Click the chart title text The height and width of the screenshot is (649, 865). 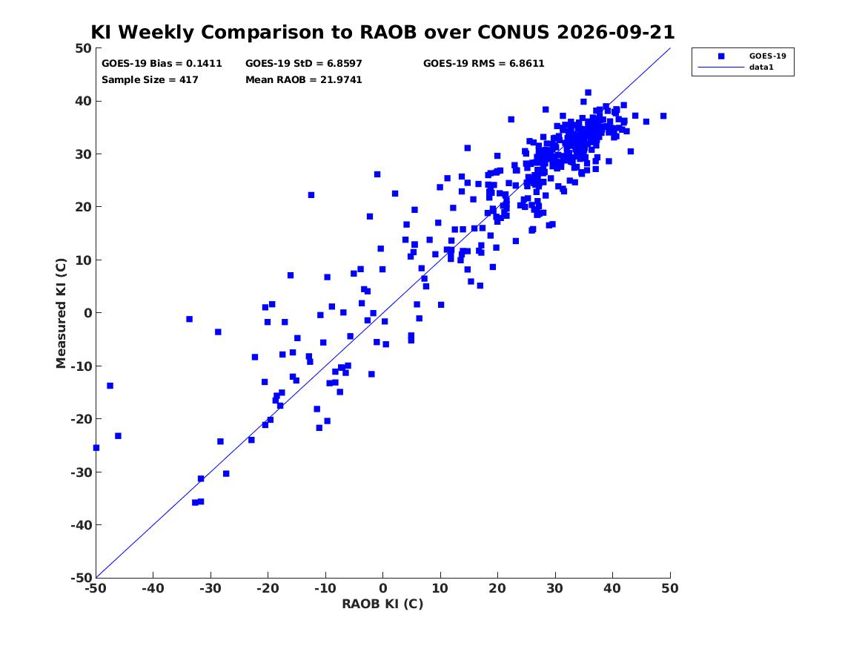(382, 32)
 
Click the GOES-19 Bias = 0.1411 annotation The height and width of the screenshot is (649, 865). (162, 64)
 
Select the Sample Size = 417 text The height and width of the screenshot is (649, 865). (150, 79)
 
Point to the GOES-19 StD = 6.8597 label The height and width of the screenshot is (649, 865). (303, 64)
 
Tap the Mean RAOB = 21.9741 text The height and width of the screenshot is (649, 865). (303, 79)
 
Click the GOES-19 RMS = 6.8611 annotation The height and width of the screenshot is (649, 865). (483, 64)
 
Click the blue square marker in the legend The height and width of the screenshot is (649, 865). (721, 56)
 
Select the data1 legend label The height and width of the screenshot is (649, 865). (761, 67)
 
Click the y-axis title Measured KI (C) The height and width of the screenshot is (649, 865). (61, 313)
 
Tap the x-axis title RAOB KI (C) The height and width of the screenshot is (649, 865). (382, 604)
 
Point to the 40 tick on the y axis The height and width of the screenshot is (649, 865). (83, 101)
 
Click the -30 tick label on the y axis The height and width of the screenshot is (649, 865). (81, 472)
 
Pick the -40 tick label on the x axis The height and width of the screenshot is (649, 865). (153, 588)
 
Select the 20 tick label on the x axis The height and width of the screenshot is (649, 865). (497, 588)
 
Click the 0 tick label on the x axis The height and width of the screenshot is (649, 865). (382, 588)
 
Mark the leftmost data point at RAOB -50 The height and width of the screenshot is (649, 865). (96, 447)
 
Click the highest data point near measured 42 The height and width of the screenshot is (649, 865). (588, 93)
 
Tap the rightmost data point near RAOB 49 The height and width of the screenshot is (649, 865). (663, 116)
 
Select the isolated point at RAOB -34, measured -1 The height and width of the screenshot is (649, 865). (189, 319)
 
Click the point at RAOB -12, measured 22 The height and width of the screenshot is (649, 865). (311, 195)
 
